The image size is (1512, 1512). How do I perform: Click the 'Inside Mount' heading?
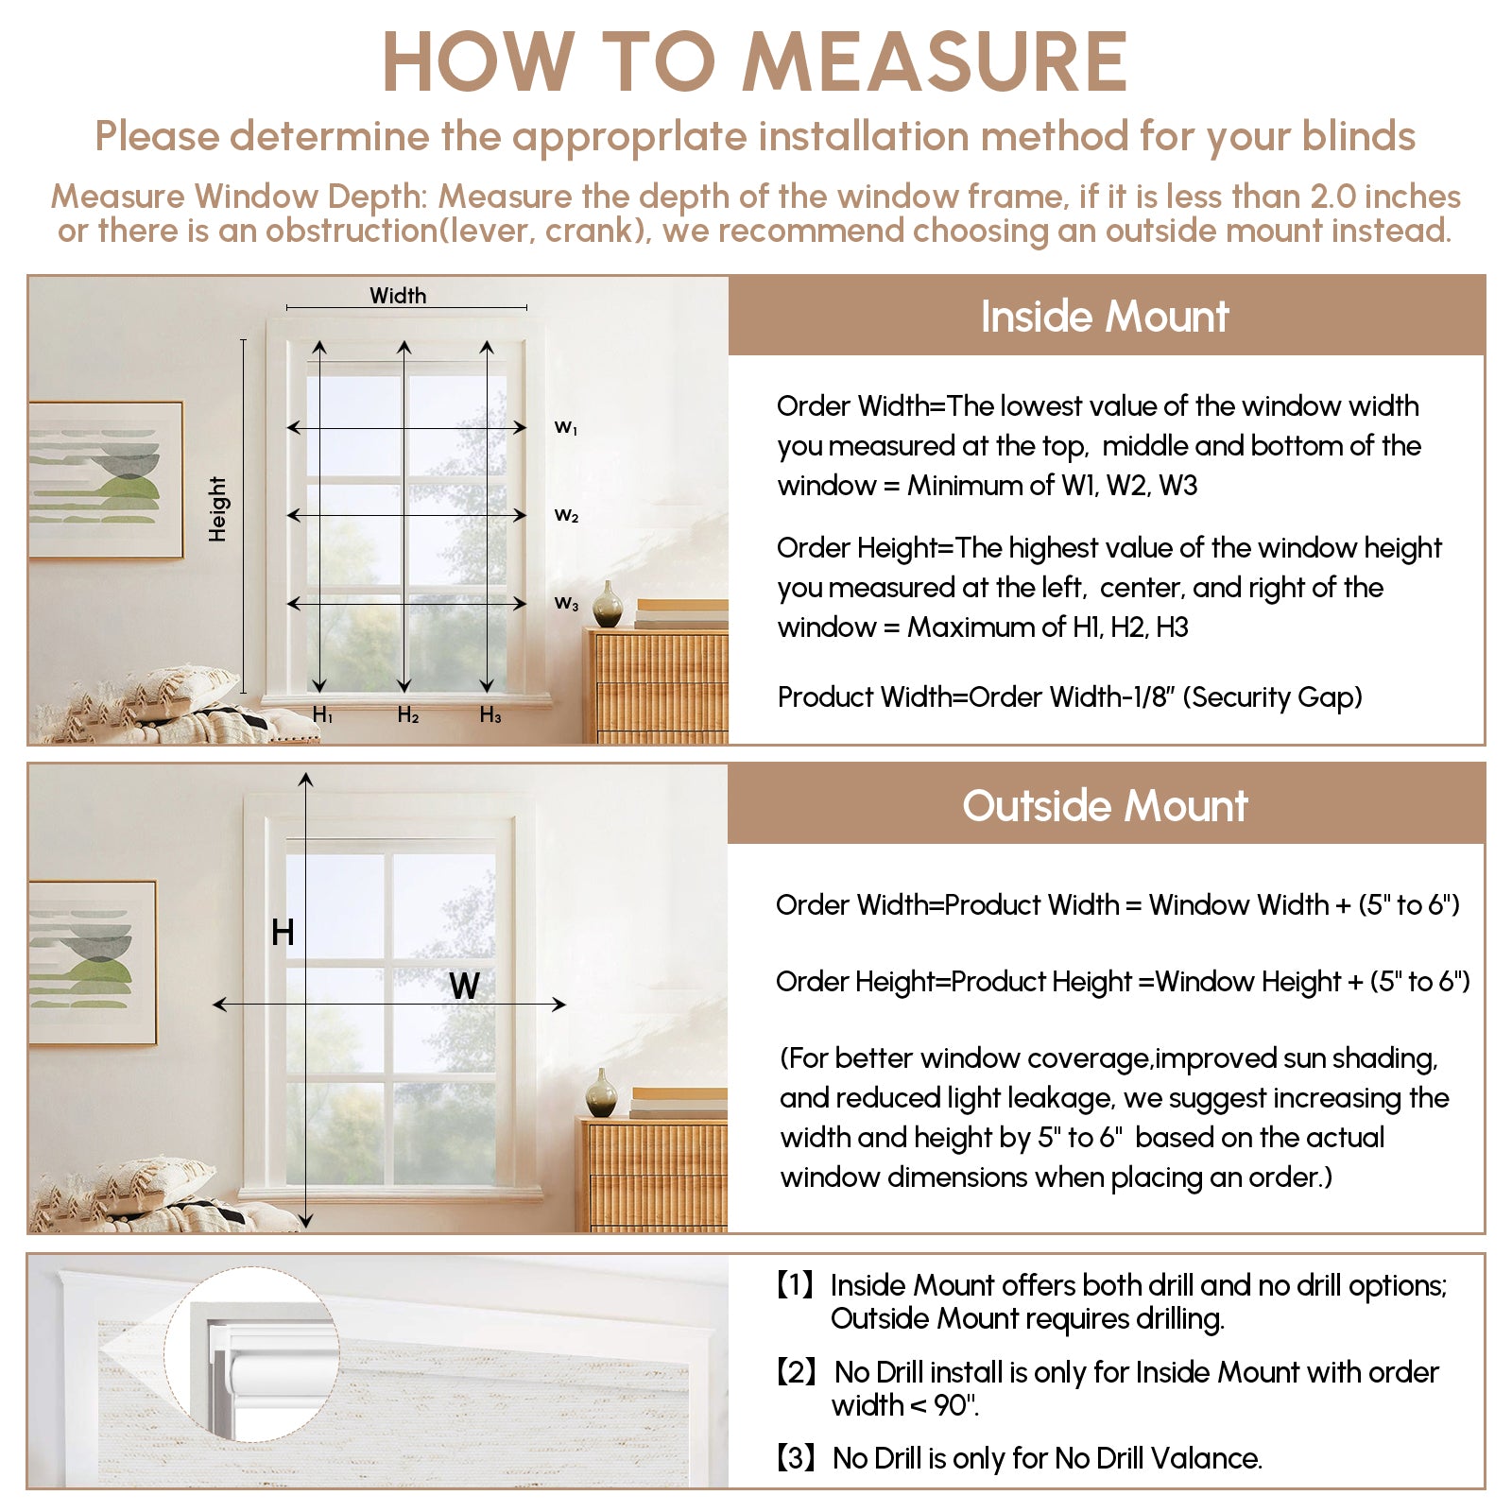click(1105, 317)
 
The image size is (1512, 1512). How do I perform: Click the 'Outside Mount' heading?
click(1105, 806)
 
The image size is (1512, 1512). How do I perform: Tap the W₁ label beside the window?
click(566, 428)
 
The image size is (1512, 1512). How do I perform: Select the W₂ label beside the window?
click(566, 516)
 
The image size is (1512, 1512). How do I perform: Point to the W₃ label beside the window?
click(566, 603)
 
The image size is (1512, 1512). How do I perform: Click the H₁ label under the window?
click(323, 715)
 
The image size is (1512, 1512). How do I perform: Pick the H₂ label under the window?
click(408, 715)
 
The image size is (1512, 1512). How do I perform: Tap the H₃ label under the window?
click(490, 715)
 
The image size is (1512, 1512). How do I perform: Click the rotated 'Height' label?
click(218, 508)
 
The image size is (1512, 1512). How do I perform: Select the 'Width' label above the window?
click(398, 296)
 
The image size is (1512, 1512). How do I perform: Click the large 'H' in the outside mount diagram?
click(283, 933)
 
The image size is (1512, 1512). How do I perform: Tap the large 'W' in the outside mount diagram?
click(464, 987)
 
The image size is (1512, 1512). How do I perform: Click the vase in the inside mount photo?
click(608, 605)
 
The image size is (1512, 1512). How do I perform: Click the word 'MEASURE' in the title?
click(935, 62)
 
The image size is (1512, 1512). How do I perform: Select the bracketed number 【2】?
click(796, 1372)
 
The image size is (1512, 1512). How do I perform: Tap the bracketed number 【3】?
click(796, 1458)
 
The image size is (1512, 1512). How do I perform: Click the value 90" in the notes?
click(955, 1406)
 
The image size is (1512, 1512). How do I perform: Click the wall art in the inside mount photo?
click(105, 480)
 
